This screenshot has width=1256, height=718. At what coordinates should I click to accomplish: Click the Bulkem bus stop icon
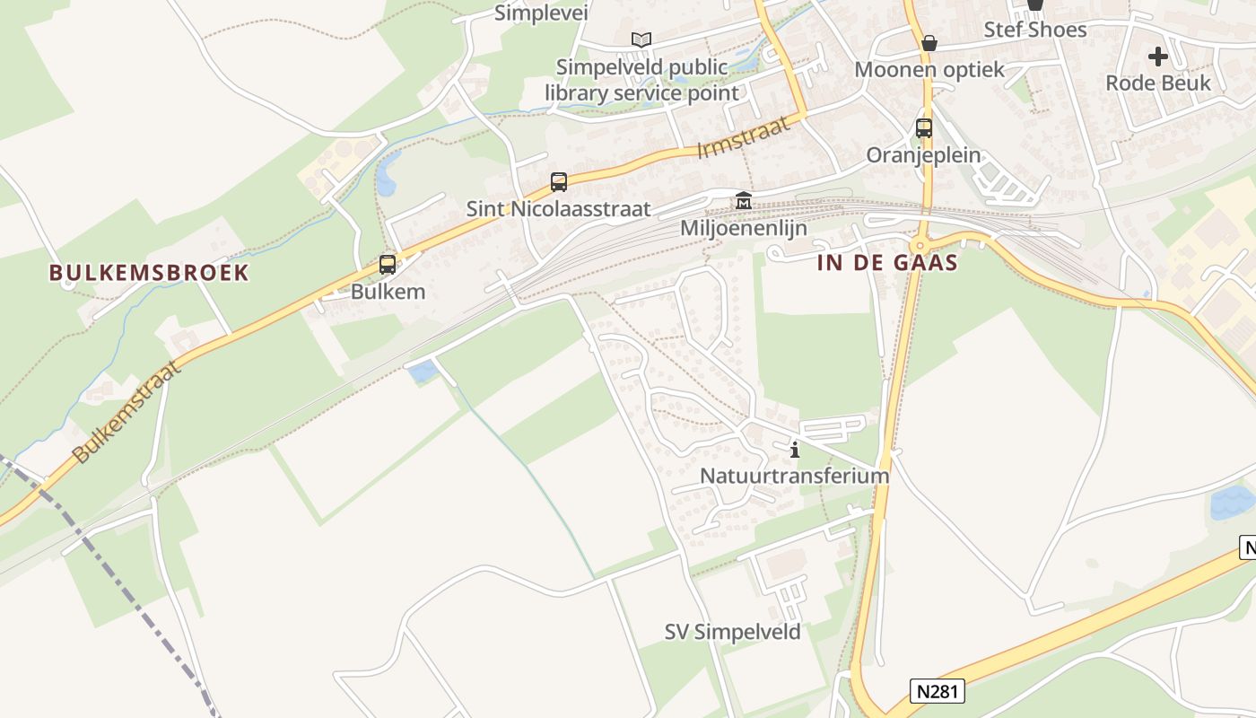(x=388, y=265)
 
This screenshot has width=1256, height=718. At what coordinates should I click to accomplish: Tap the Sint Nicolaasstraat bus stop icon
(x=559, y=182)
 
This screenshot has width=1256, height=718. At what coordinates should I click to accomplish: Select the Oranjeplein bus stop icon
(x=924, y=128)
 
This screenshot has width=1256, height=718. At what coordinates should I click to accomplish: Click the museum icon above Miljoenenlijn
(x=743, y=201)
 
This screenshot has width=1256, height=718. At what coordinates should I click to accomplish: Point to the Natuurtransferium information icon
(x=794, y=450)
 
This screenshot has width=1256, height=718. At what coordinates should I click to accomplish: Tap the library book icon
(x=641, y=39)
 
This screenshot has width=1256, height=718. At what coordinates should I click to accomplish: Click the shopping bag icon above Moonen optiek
(x=929, y=43)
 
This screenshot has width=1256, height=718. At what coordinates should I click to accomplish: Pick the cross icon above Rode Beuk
(x=1158, y=57)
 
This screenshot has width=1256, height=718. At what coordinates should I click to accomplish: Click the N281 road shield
(x=938, y=691)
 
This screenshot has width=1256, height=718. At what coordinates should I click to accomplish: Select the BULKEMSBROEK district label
(x=149, y=273)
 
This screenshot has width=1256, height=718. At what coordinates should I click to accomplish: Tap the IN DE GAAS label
(x=888, y=263)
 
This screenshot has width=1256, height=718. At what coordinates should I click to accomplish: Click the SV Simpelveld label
(x=733, y=632)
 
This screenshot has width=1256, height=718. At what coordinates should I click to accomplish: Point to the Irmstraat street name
(x=745, y=137)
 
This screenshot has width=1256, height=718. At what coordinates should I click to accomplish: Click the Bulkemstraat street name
(x=128, y=411)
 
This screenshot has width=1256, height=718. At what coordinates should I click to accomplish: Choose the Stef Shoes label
(x=1035, y=30)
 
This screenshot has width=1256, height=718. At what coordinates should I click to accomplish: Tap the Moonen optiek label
(x=929, y=70)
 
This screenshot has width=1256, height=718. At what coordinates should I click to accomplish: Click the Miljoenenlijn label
(x=744, y=228)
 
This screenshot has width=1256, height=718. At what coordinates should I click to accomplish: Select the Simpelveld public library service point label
(x=642, y=80)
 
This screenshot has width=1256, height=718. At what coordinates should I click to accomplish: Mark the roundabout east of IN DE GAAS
(x=920, y=246)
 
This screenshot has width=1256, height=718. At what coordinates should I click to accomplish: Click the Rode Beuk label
(x=1158, y=83)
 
